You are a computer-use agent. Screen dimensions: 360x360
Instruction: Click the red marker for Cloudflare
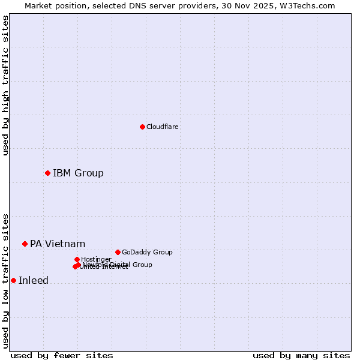point(142,127)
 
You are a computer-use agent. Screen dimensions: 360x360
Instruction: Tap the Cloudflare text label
point(163,127)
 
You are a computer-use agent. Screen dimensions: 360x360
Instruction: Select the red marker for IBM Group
point(47,173)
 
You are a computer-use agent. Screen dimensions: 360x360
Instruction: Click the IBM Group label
point(78,173)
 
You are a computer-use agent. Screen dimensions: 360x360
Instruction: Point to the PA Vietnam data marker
point(25,244)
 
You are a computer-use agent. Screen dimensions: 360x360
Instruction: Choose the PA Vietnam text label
point(58,244)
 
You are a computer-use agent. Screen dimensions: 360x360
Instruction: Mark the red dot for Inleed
point(13,280)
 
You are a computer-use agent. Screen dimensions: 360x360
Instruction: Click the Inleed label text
point(34,281)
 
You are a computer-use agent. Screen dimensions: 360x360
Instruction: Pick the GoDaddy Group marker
point(118,252)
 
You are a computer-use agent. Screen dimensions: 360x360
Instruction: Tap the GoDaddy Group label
point(147,253)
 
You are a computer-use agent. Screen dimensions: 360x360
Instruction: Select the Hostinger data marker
point(77,259)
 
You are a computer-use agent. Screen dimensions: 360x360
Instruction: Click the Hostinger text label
point(96,259)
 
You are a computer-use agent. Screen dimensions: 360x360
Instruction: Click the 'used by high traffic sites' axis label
point(5,85)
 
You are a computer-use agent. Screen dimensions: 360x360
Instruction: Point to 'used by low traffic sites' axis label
point(5,280)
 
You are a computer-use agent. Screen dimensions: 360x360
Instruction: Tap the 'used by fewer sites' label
point(62,355)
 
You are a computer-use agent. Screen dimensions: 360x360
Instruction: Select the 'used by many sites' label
point(301,355)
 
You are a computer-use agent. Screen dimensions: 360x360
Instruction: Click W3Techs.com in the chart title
point(306,6)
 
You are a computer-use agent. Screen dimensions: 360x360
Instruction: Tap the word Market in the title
point(38,6)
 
